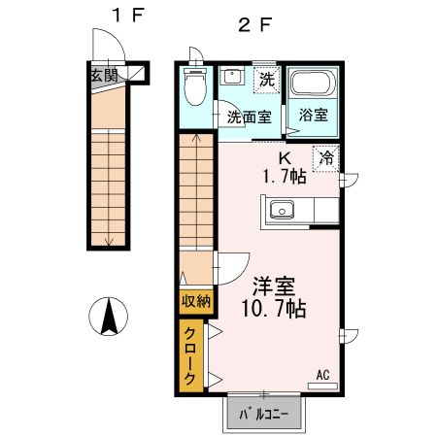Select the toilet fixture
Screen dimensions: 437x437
[x=196, y=90]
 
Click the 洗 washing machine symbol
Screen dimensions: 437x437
[x=263, y=80]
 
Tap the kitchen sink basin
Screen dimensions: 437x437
[x=282, y=208]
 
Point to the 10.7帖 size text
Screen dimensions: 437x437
[x=275, y=310]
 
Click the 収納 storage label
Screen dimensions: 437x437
[x=195, y=301]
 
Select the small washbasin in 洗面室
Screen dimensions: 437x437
[x=233, y=76]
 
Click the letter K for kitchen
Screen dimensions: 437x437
[x=286, y=158]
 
